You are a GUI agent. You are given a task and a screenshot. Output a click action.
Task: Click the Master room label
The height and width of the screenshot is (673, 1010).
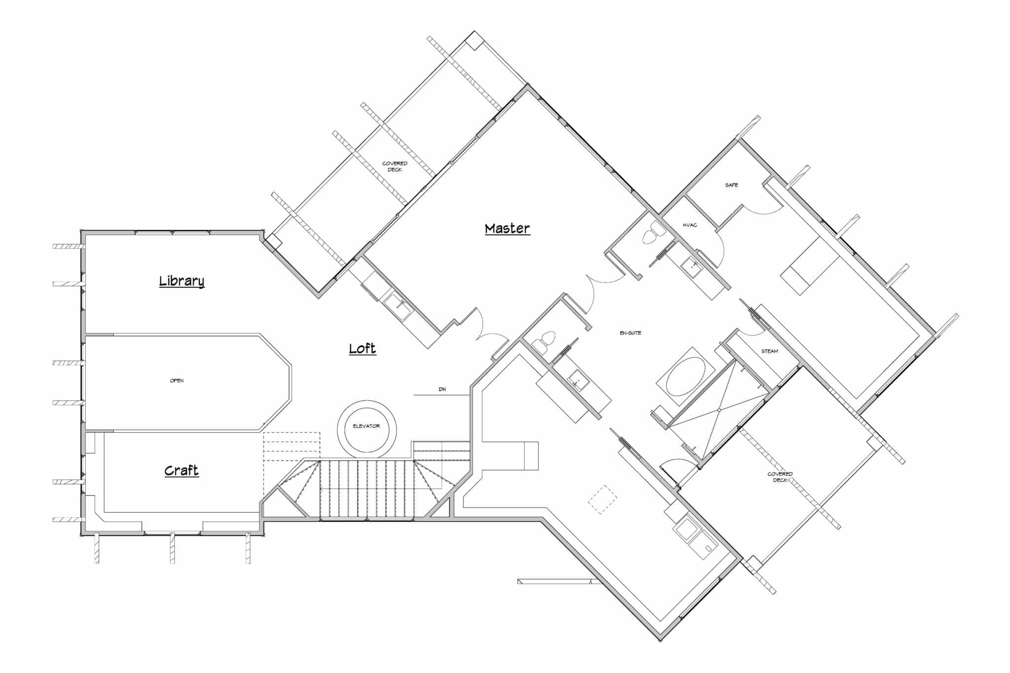[x=507, y=229]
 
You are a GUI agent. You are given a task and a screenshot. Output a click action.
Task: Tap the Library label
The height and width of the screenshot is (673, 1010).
[x=181, y=281]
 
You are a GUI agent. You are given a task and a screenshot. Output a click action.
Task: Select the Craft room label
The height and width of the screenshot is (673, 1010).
[x=181, y=470]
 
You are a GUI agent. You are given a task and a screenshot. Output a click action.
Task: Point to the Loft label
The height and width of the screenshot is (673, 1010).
[x=362, y=349]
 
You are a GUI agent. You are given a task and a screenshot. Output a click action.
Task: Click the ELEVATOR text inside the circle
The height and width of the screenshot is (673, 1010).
[x=366, y=426]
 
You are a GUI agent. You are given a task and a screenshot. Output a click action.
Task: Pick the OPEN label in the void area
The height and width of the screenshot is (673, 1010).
[x=177, y=381]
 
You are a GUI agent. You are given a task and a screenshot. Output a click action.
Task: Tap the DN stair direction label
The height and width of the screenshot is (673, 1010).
[x=442, y=390]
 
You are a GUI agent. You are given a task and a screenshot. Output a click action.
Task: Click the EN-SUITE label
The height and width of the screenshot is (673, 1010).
[x=630, y=333]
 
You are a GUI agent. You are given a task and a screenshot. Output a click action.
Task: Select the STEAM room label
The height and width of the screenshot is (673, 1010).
[x=769, y=351]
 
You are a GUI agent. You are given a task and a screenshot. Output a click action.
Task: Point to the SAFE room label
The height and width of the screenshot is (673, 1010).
[x=731, y=185]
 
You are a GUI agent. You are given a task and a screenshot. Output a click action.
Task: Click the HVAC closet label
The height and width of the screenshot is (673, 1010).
[x=689, y=225]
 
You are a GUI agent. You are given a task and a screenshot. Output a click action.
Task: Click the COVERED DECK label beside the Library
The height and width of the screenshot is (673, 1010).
[x=395, y=167]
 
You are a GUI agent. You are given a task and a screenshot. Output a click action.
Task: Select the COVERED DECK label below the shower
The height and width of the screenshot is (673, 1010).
[x=780, y=477]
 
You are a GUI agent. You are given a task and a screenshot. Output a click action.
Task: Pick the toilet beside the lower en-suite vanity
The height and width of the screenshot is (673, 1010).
[x=545, y=341]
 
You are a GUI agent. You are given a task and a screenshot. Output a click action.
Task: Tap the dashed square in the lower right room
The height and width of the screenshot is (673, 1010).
[x=602, y=499]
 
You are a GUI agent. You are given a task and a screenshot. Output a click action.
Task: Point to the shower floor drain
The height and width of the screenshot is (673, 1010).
[x=719, y=410]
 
